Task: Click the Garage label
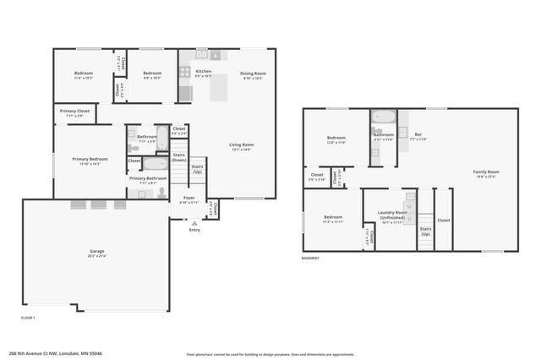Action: pyautogui.click(x=97, y=252)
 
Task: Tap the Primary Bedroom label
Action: pyautogui.click(x=90, y=161)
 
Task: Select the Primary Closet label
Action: pyautogui.click(x=75, y=112)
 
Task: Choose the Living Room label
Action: pyautogui.click(x=242, y=146)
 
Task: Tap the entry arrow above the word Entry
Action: pyautogui.click(x=194, y=222)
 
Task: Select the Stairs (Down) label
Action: pyautogui.click(x=178, y=157)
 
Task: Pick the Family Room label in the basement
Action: pyautogui.click(x=485, y=174)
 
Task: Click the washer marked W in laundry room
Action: pyautogui.click(x=410, y=205)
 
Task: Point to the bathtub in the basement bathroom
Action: pyautogui.click(x=383, y=117)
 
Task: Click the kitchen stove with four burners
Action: pyautogui.click(x=185, y=72)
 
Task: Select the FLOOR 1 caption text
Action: pyautogui.click(x=28, y=317)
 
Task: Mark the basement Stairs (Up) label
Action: pyautogui.click(x=425, y=230)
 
